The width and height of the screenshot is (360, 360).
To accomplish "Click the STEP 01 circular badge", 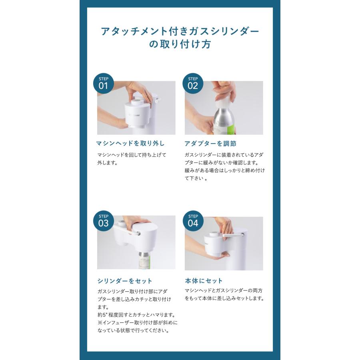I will click(103, 83).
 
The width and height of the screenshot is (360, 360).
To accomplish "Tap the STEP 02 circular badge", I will click(193, 83).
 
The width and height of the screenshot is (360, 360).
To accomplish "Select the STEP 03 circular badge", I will click(103, 220).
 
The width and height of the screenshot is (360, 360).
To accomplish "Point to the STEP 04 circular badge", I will click(193, 220).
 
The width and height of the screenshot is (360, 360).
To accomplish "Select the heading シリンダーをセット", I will click(124, 281).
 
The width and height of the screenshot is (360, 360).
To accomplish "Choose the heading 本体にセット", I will click(204, 281).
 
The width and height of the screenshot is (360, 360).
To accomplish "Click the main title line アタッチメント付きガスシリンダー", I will click(180, 31).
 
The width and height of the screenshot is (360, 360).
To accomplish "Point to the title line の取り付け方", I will click(180, 44).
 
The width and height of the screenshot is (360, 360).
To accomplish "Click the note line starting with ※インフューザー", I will click(137, 322).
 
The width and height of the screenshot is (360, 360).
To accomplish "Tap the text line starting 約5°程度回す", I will click(136, 315).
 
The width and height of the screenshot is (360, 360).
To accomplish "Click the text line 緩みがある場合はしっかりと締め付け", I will click(224, 171).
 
